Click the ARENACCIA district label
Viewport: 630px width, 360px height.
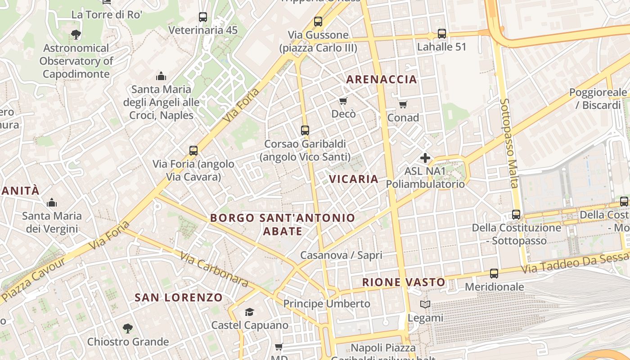[382, 80]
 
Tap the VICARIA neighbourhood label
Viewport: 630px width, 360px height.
[354, 179]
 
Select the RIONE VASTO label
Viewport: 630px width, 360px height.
[404, 283]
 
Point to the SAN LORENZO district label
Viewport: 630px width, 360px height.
[179, 297]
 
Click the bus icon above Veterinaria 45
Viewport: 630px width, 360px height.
[203, 17]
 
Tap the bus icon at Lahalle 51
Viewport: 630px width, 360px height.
[442, 34]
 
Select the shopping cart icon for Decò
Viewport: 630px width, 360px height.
[343, 101]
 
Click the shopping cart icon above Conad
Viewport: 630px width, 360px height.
[403, 104]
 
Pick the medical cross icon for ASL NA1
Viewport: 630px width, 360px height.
[425, 158]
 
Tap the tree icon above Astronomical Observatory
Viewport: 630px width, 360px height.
[76, 34]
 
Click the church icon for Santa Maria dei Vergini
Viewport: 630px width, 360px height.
[52, 202]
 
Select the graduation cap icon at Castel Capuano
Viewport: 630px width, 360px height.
[249, 312]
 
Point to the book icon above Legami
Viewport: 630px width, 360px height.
[425, 305]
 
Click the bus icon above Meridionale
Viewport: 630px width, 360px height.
[494, 273]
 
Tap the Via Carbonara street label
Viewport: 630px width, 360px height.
[214, 270]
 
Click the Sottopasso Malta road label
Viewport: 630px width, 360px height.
[509, 143]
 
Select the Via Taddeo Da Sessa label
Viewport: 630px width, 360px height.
[575, 264]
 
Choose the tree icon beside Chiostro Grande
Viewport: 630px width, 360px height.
[128, 328]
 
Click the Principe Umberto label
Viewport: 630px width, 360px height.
[327, 304]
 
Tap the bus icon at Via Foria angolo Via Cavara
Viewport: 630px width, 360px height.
[193, 151]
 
